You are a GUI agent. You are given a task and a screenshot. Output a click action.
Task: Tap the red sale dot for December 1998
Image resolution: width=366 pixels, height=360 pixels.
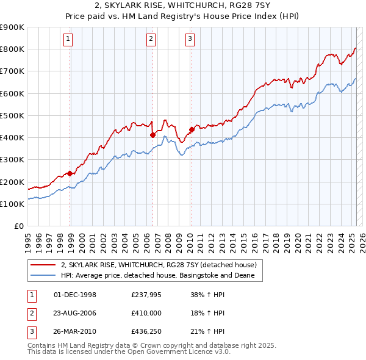70,173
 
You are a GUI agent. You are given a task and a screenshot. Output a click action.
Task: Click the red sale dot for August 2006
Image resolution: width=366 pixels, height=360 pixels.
153,135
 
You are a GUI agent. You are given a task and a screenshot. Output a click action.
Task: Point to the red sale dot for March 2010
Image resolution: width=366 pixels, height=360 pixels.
192,129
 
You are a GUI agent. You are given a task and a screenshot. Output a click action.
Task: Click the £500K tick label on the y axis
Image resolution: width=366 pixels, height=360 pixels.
13,115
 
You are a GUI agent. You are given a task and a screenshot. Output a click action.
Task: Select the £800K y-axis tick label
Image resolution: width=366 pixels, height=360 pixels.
13,49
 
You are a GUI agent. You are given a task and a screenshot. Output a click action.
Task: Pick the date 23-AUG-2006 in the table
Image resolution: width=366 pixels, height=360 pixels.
75,314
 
